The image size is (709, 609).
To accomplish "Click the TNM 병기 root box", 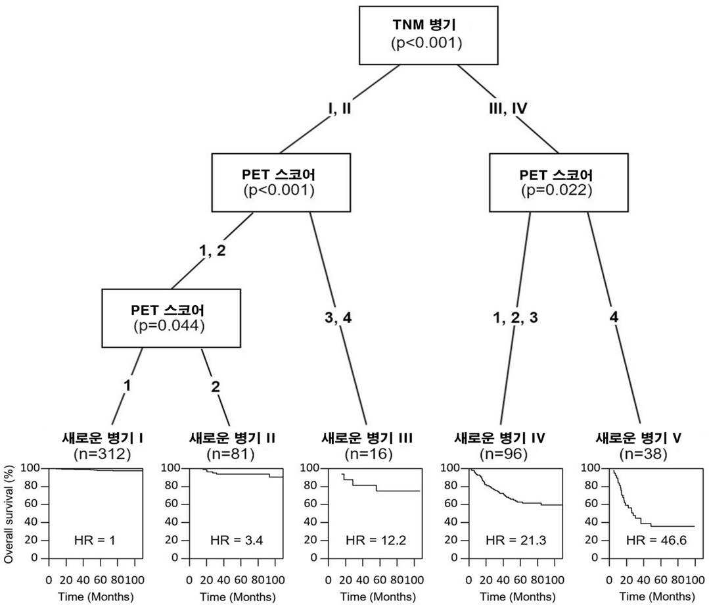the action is coord(428,36).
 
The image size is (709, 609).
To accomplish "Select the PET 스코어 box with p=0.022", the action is coord(559,183).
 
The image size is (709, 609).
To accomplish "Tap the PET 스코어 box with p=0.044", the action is coord(171,318).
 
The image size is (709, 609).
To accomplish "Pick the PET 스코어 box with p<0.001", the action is coord(281,183).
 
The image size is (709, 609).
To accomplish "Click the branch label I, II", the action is coord(340,109).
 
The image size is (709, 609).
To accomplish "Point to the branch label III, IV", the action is coord(508,109).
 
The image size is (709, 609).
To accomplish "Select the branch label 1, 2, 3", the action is coord(515,318).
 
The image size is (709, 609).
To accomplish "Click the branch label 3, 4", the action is coord(338,318).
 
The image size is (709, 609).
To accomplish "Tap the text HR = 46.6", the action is coord(656,540).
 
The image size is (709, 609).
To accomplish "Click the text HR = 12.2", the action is coord(376,540).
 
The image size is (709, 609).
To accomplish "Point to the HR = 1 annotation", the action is coord(95,540).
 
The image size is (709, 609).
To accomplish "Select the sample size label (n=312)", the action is coord(103,454).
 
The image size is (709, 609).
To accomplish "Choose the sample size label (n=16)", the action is coord(369,454).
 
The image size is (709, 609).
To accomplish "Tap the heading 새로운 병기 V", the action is coord(638,438).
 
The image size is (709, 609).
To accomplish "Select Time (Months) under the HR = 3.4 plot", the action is coord(238,597).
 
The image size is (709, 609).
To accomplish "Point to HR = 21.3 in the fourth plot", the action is coord(516,540).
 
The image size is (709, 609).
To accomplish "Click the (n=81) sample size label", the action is coord(231,454).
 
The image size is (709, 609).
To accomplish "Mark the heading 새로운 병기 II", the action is coord(232,438).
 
